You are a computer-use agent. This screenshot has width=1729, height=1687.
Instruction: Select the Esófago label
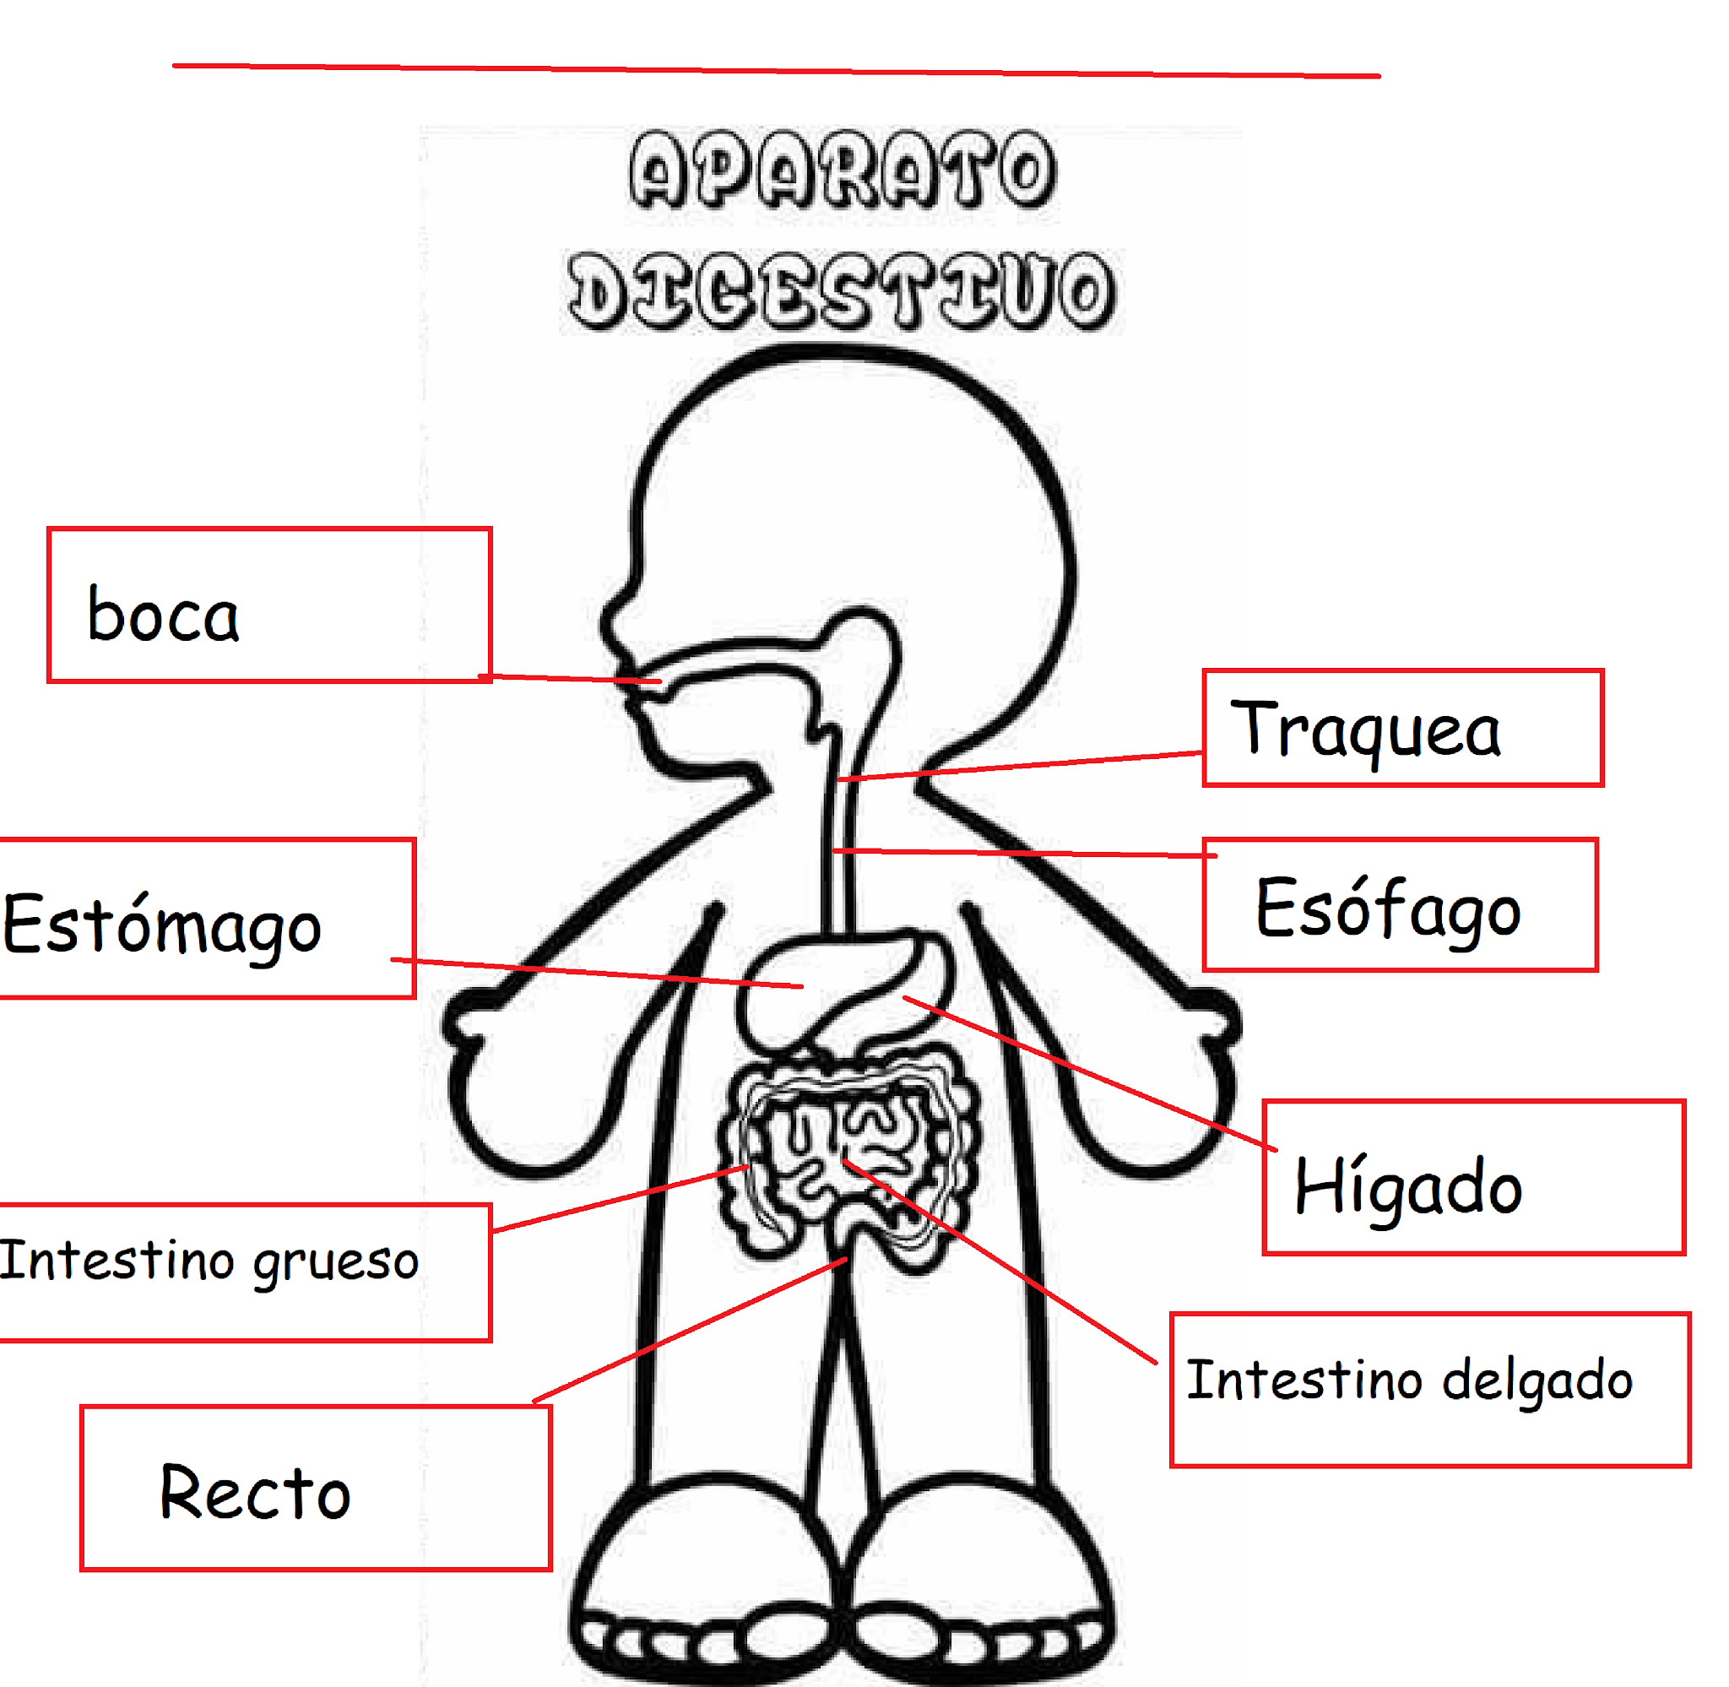(1387, 909)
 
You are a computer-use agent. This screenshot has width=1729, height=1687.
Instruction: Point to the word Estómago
(162, 925)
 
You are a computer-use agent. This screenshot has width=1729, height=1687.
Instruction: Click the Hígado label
(1407, 1187)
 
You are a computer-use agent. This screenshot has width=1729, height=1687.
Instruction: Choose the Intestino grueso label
(209, 1261)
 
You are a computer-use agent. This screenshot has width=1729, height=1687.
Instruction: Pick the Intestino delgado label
(1408, 1381)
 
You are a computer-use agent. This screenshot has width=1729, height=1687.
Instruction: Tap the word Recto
(255, 1494)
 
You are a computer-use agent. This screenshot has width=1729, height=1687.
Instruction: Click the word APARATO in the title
(843, 170)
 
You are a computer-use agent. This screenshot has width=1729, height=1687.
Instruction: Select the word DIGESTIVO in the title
(842, 290)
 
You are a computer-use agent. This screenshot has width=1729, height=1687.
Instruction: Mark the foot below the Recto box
(700, 1586)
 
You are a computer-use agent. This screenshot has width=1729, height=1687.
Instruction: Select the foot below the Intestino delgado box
(984, 1586)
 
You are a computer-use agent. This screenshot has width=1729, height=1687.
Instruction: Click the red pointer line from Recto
(691, 1329)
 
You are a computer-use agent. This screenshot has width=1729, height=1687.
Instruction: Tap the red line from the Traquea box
(1019, 768)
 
